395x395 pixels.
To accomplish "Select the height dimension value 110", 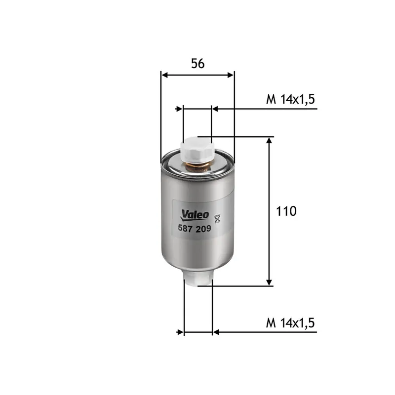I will click(286, 211).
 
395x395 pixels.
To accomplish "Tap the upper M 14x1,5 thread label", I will click(290, 99).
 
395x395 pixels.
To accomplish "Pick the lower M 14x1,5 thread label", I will click(290, 323).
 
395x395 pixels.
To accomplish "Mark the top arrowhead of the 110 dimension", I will click(269, 141).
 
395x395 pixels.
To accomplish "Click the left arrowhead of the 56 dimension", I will click(165, 75).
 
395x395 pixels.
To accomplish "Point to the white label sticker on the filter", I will click(196, 221).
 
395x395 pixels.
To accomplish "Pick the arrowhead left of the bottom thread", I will click(180, 332).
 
